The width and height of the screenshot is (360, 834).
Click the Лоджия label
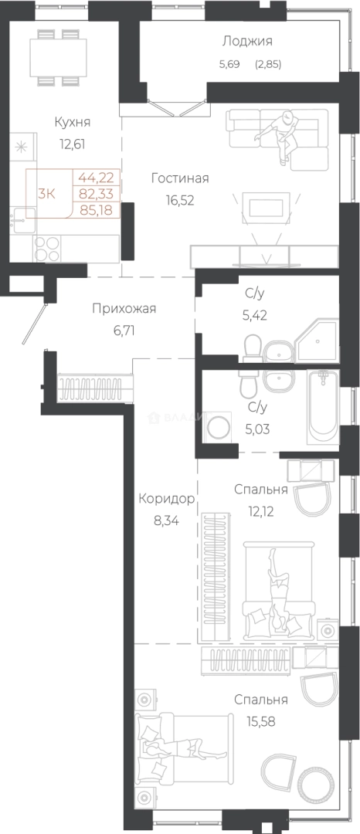pyautogui.click(x=247, y=42)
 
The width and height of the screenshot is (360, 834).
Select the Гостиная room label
pyautogui.click(x=180, y=178)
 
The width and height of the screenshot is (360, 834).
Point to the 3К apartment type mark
pyautogui.click(x=46, y=193)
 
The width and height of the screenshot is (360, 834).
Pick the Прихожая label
pyautogui.click(x=124, y=308)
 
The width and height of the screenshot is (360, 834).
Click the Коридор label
pyautogui.click(x=165, y=499)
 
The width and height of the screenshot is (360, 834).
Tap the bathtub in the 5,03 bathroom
pyautogui.click(x=323, y=407)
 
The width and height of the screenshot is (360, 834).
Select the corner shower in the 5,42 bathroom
pyautogui.click(x=318, y=341)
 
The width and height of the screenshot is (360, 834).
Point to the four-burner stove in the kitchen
pyautogui.click(x=47, y=249)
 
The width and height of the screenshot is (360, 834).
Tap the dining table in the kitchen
pyautogui.click(x=60, y=57)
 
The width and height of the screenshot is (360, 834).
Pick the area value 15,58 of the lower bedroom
pyautogui.click(x=261, y=722)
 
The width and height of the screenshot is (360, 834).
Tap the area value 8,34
pyautogui.click(x=165, y=520)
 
